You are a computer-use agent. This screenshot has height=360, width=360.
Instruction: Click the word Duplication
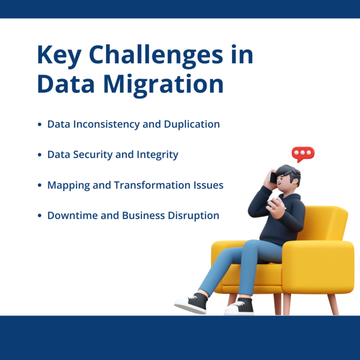click(192, 124)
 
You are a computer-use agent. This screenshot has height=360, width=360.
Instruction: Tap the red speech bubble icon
click(303, 154)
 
